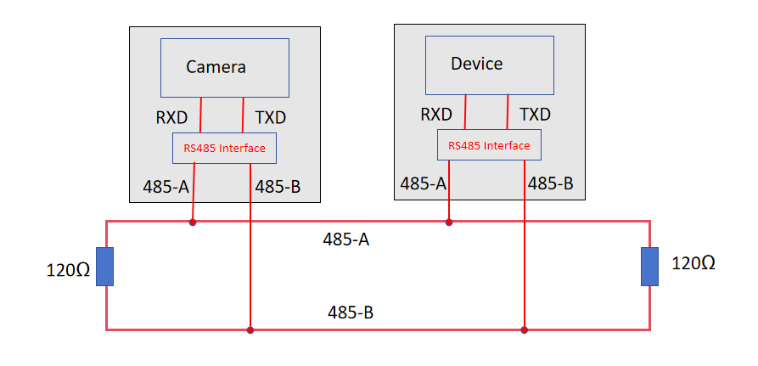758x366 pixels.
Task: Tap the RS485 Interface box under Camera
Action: pos(224,149)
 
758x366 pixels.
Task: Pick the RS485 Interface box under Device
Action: pos(489,145)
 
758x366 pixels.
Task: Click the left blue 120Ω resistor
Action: pos(104,266)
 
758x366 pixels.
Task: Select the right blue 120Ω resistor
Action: pos(650,266)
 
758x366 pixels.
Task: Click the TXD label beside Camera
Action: pos(270,117)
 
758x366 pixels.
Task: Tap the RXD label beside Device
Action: pos(436,114)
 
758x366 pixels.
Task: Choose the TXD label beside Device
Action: pos(535,114)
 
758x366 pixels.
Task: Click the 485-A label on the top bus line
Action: pos(346,239)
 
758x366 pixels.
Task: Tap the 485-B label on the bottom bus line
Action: pos(351,312)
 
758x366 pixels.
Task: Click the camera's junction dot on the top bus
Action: pos(193,222)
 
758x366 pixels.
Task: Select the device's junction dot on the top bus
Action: pos(449,222)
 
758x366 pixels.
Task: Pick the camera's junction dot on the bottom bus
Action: pos(250,329)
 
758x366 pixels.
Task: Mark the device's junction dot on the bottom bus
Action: pos(525,329)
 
